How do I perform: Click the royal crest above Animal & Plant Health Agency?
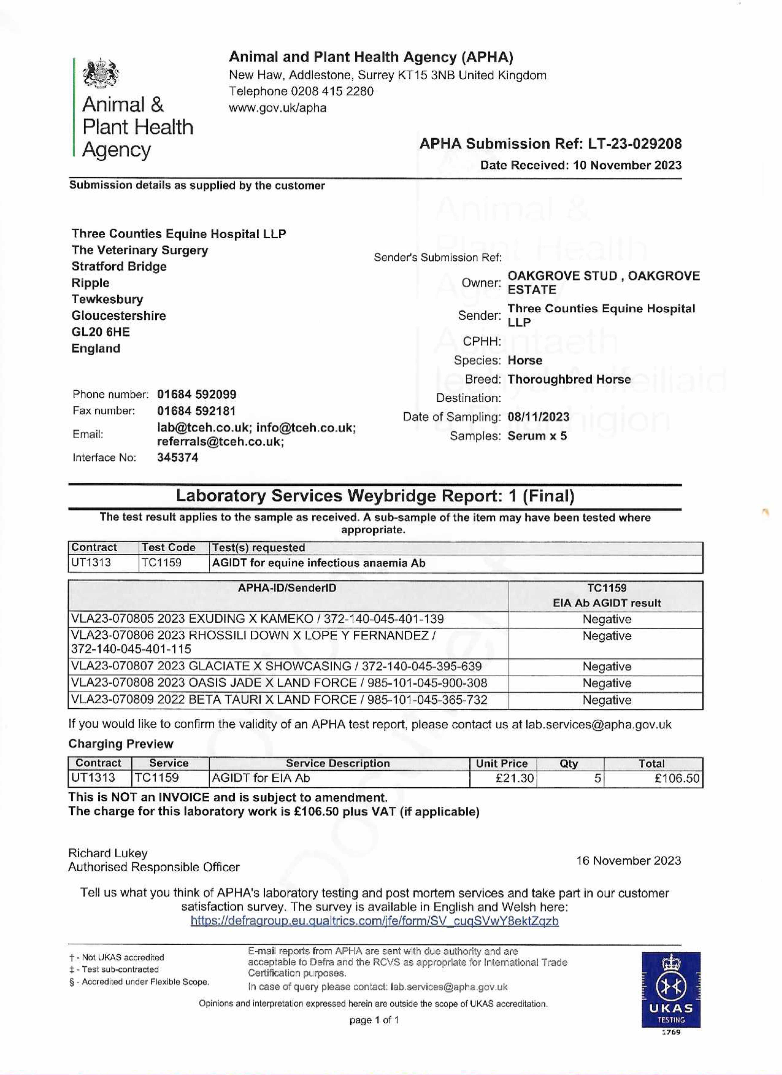pos(100,74)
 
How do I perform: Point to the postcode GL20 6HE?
pos(100,332)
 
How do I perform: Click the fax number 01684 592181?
pos(196,411)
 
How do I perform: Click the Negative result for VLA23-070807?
pos(607,666)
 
